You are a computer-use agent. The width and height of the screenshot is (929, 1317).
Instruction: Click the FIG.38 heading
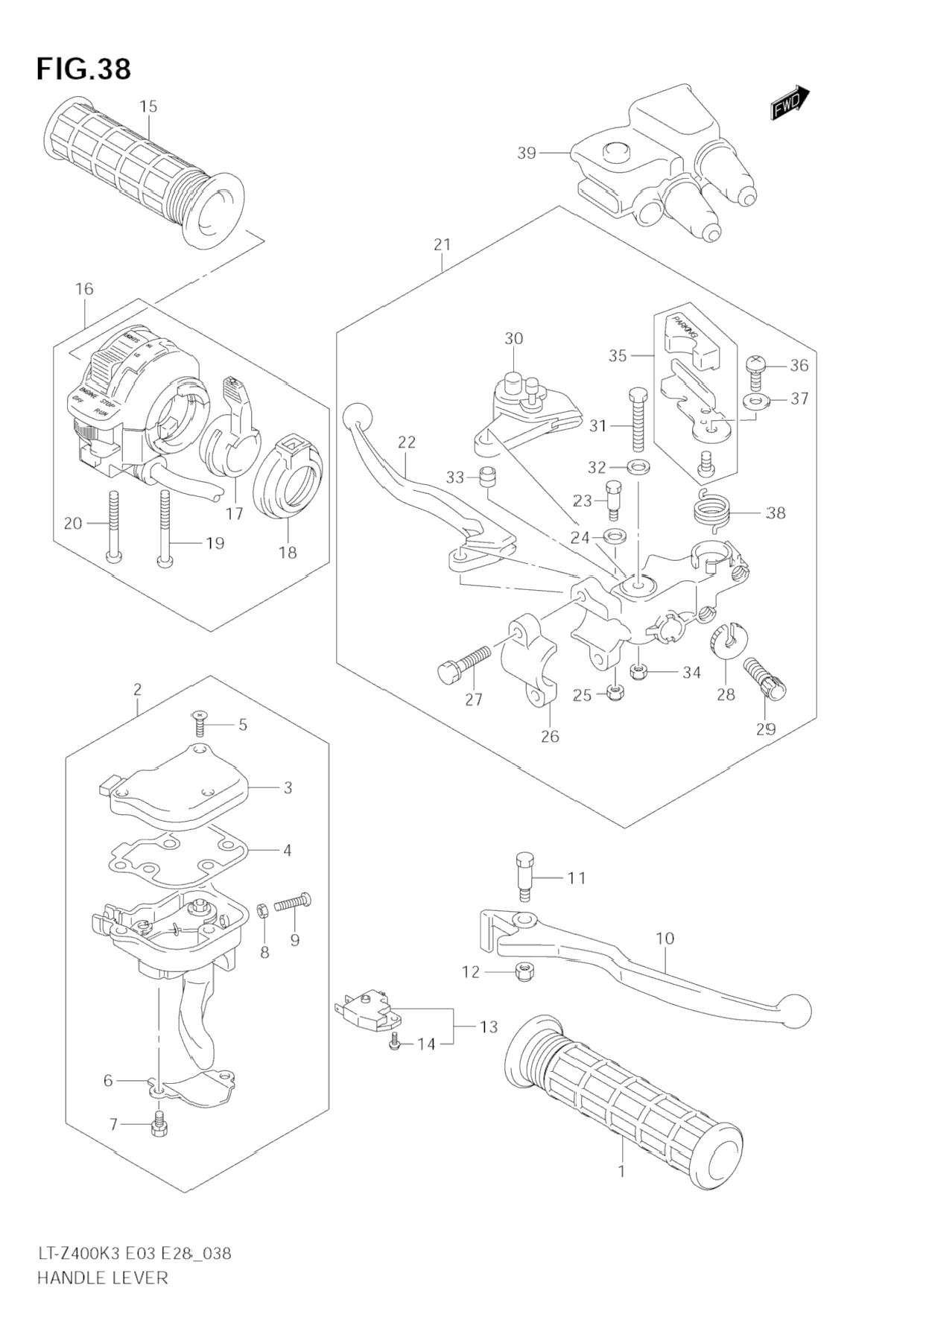pos(83,69)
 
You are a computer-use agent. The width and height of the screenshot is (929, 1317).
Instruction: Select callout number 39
pos(527,153)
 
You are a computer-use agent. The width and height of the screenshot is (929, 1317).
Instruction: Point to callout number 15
pos(148,107)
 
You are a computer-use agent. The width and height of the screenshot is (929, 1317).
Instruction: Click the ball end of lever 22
pos(355,415)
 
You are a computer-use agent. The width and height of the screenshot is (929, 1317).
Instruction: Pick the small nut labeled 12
pos(521,971)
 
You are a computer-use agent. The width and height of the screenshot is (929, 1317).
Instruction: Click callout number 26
pos(550,736)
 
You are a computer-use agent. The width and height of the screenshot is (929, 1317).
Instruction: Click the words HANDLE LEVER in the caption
pos(102,1278)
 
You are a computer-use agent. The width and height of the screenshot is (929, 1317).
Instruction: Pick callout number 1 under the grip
pos(621,1172)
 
